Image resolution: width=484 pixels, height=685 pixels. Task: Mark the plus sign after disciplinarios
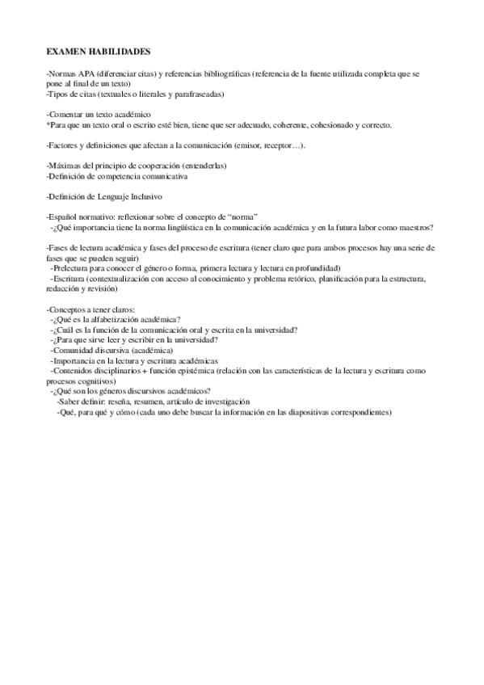(x=154, y=371)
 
